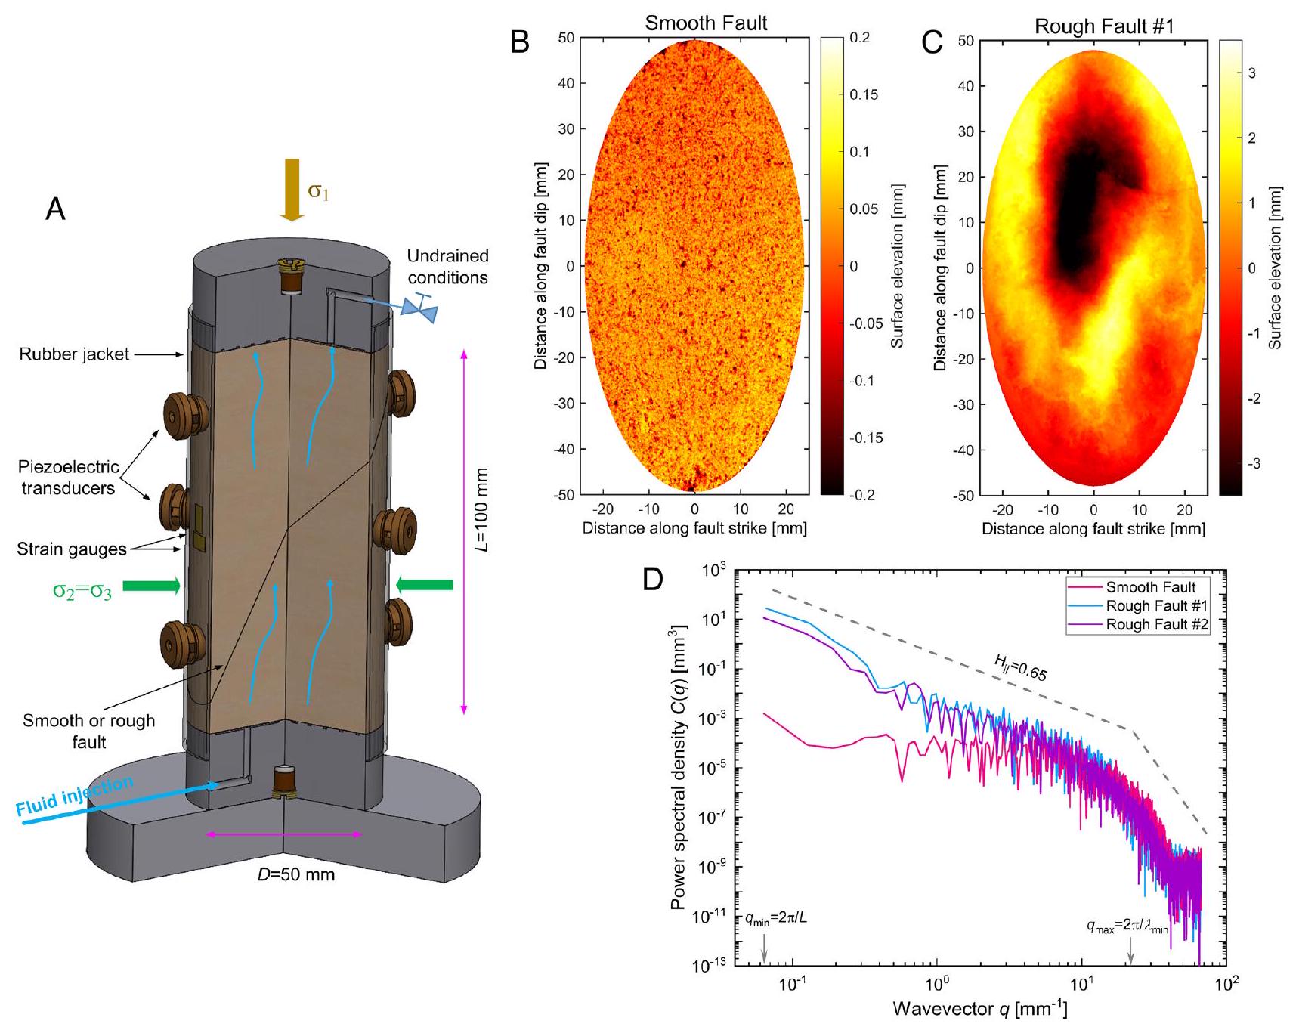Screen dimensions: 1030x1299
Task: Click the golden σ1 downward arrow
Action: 292,189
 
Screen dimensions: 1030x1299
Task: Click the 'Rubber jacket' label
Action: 74,354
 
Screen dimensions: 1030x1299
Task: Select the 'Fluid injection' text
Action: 75,797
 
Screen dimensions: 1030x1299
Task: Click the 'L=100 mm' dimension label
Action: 481,510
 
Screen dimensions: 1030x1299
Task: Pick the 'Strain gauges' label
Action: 72,549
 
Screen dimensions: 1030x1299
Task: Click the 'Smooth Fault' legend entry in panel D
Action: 1150,587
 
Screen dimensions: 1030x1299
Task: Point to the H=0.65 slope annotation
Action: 1019,669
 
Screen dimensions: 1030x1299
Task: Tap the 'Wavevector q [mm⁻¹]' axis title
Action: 979,1009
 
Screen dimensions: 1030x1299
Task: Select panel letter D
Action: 653,580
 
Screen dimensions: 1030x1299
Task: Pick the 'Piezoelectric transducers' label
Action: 68,478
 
